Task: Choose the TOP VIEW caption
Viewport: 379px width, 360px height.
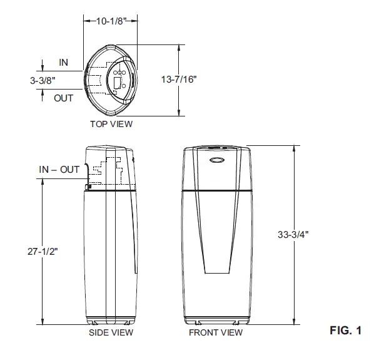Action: click(x=111, y=124)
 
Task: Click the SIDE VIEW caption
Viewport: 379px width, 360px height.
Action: click(x=111, y=332)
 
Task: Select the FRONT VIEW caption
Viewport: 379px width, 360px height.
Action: click(x=215, y=332)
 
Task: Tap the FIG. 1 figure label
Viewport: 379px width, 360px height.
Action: click(x=345, y=329)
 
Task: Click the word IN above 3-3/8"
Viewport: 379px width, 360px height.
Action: click(x=63, y=63)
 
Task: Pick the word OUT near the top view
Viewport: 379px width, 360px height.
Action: click(x=63, y=98)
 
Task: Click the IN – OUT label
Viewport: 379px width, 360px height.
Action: click(x=59, y=170)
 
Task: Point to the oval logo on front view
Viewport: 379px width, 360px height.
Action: click(x=215, y=159)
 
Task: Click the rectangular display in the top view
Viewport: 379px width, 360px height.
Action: click(x=117, y=81)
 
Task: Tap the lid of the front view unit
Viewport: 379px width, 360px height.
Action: click(x=215, y=150)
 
